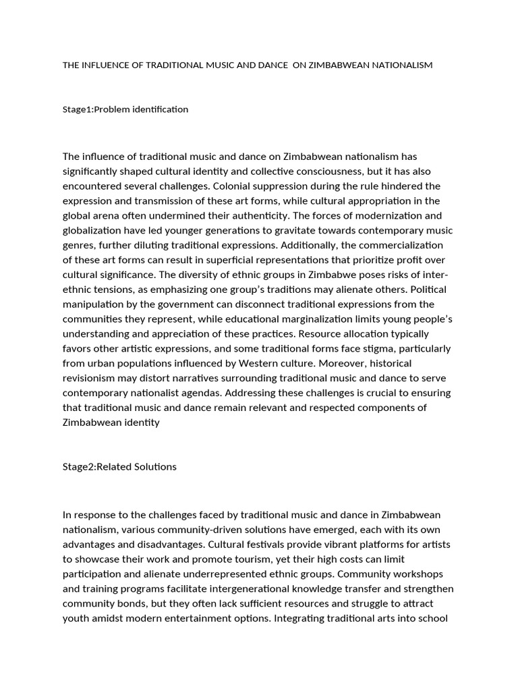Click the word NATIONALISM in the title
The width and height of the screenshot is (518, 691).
tap(399, 65)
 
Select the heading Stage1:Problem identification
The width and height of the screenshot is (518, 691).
tap(125, 109)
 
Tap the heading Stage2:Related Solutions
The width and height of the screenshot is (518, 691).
tap(119, 466)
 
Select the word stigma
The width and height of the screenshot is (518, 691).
tap(363, 349)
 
